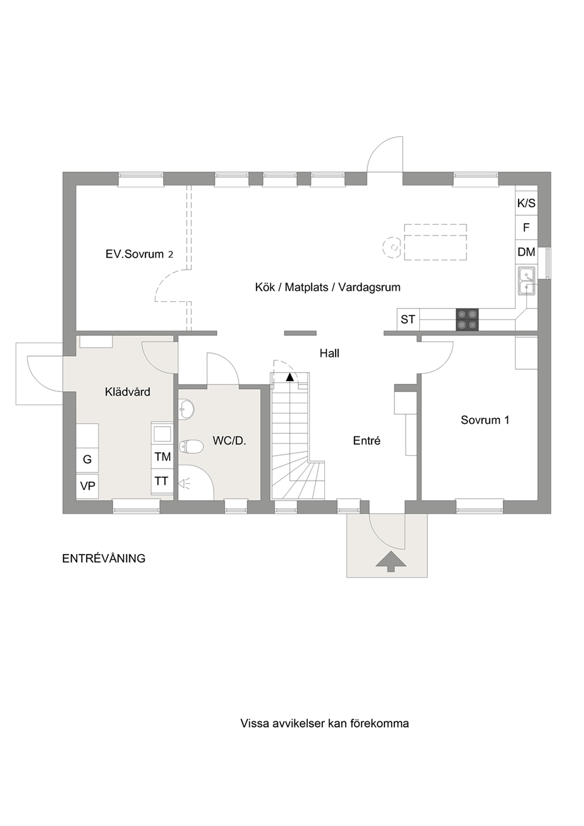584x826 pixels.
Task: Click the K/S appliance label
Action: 526,203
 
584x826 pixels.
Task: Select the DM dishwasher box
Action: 526,252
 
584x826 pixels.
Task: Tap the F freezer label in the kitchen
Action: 526,227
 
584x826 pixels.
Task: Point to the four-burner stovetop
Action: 467,319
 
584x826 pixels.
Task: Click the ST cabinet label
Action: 408,319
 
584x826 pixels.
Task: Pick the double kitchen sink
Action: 527,280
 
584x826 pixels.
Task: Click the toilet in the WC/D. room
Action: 191,447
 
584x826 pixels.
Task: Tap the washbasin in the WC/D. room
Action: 187,410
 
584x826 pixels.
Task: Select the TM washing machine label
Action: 162,457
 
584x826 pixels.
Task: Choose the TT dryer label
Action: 161,481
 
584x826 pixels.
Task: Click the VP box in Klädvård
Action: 87,487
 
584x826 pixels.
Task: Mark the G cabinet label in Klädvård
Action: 87,459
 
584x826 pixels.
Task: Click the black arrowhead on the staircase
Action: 290,377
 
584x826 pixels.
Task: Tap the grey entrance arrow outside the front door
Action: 391,562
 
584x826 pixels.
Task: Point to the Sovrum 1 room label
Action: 485,420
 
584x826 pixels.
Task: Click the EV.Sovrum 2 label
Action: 140,254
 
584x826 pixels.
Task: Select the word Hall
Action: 329,353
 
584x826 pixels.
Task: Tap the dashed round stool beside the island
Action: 391,247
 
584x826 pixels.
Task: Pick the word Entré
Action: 367,440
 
